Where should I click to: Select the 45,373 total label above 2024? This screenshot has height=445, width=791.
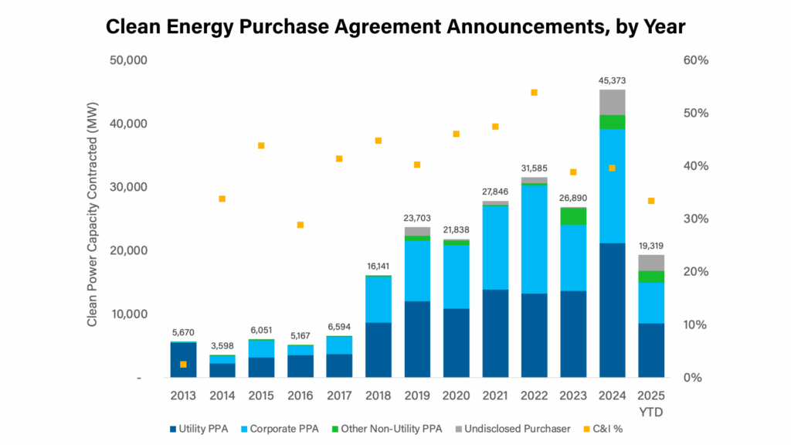click(612, 80)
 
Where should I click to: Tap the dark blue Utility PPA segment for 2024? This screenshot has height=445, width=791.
click(612, 309)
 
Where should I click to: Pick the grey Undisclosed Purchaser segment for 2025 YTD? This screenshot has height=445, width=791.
click(650, 262)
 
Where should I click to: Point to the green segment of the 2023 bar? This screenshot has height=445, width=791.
click(572, 216)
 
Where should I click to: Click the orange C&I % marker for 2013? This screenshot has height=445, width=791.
click(183, 364)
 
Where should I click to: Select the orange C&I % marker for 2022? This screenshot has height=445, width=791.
click(534, 93)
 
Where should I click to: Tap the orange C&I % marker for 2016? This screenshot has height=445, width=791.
click(300, 225)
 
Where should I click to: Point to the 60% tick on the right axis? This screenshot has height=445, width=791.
click(696, 60)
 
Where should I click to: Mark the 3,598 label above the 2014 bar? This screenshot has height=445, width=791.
click(222, 345)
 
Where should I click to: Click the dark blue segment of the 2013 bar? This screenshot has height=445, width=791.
click(183, 360)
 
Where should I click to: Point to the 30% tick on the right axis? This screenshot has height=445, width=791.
click(696, 219)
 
